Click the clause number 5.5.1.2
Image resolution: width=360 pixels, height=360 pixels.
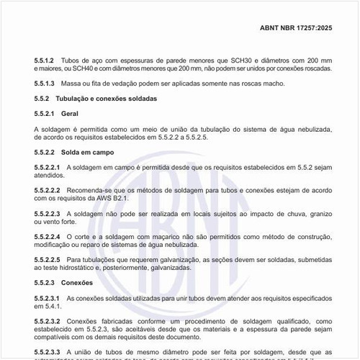(x=45, y=60)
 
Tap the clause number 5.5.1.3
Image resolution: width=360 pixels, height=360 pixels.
(x=45, y=84)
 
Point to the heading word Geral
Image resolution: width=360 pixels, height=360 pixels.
(x=70, y=113)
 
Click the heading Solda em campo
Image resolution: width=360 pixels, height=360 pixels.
(x=89, y=153)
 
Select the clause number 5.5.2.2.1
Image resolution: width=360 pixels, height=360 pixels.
(x=47, y=167)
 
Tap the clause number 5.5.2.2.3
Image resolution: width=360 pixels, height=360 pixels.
(x=47, y=214)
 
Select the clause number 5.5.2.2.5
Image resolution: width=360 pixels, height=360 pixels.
(x=47, y=259)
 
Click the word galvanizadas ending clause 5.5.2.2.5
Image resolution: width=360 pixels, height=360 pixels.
(x=169, y=268)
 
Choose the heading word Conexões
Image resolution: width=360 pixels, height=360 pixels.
(x=77, y=283)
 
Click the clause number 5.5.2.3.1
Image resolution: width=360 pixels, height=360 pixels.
(x=47, y=298)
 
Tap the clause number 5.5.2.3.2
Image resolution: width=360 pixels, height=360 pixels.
(x=47, y=321)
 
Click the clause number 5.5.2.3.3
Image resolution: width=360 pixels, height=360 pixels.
(x=47, y=352)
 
